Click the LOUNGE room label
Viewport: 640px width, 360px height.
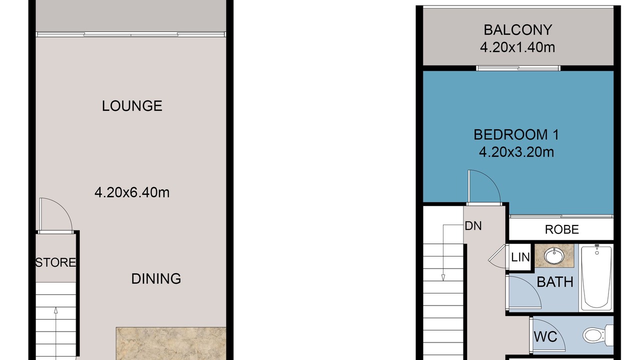tap(132, 106)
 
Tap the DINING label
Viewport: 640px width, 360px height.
tap(156, 278)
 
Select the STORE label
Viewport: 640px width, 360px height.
tap(55, 262)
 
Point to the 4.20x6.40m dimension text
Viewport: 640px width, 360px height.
tap(132, 192)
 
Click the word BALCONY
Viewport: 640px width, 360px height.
tap(517, 30)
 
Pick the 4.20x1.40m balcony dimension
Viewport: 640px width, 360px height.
tap(517, 47)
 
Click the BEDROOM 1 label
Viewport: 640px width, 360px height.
tap(516, 134)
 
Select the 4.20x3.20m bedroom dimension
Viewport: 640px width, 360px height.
tap(516, 152)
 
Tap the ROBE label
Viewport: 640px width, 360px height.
tap(561, 229)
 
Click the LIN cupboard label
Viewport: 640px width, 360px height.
tap(520, 257)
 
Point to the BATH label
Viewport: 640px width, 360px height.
tap(555, 282)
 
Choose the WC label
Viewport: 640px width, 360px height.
tap(545, 336)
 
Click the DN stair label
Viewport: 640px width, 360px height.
tap(473, 226)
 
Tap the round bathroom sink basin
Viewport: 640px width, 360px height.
tap(554, 256)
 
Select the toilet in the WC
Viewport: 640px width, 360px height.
tap(597, 335)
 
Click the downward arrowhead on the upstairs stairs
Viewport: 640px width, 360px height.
tap(443, 277)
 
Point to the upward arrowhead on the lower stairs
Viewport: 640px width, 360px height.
tap(55, 310)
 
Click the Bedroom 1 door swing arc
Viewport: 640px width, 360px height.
tap(491, 179)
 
